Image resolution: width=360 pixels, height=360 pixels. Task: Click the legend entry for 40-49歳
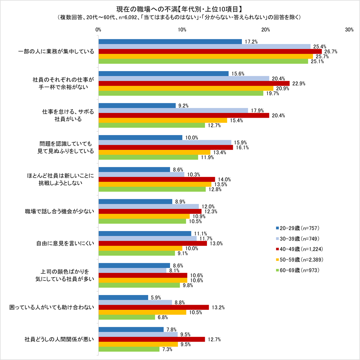click(299, 249)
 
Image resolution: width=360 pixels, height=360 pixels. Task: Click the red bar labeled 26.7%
click(210, 51)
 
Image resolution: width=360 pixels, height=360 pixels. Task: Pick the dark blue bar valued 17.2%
click(170, 42)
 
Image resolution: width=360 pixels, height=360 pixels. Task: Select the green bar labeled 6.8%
click(127, 317)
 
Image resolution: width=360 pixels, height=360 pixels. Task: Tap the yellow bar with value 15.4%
click(163, 120)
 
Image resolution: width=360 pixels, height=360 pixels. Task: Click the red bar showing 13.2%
click(153, 307)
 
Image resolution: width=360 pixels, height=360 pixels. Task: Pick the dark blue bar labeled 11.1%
click(145, 234)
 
